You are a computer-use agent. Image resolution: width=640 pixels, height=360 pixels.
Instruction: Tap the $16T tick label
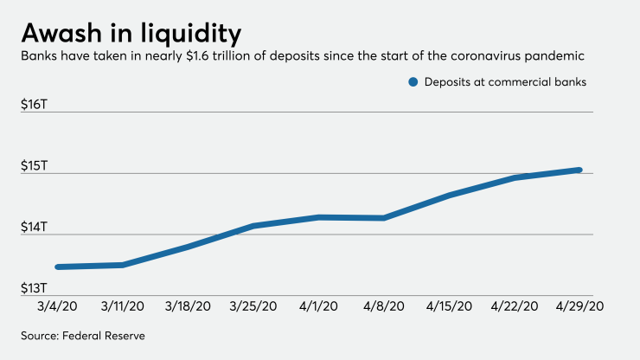(38, 104)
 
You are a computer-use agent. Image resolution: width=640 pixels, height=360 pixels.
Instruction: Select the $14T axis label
(38, 227)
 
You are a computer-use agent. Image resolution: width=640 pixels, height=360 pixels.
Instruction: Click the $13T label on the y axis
(38, 288)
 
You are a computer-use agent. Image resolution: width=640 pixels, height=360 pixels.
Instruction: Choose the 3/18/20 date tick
(189, 306)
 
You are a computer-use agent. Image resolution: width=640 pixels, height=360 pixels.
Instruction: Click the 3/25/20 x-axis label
(253, 306)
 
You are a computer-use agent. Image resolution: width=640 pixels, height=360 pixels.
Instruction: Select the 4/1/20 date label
(318, 306)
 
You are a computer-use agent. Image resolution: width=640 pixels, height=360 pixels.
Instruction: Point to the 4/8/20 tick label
(384, 306)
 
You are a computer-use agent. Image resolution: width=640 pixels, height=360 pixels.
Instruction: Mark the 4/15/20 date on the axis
(449, 306)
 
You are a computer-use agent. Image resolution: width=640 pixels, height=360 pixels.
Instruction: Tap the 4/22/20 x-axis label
(515, 306)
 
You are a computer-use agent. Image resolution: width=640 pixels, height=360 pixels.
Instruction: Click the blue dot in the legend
(413, 83)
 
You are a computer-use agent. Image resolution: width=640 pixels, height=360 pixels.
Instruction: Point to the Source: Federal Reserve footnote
(83, 335)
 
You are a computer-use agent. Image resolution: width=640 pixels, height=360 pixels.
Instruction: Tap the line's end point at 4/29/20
(579, 170)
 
